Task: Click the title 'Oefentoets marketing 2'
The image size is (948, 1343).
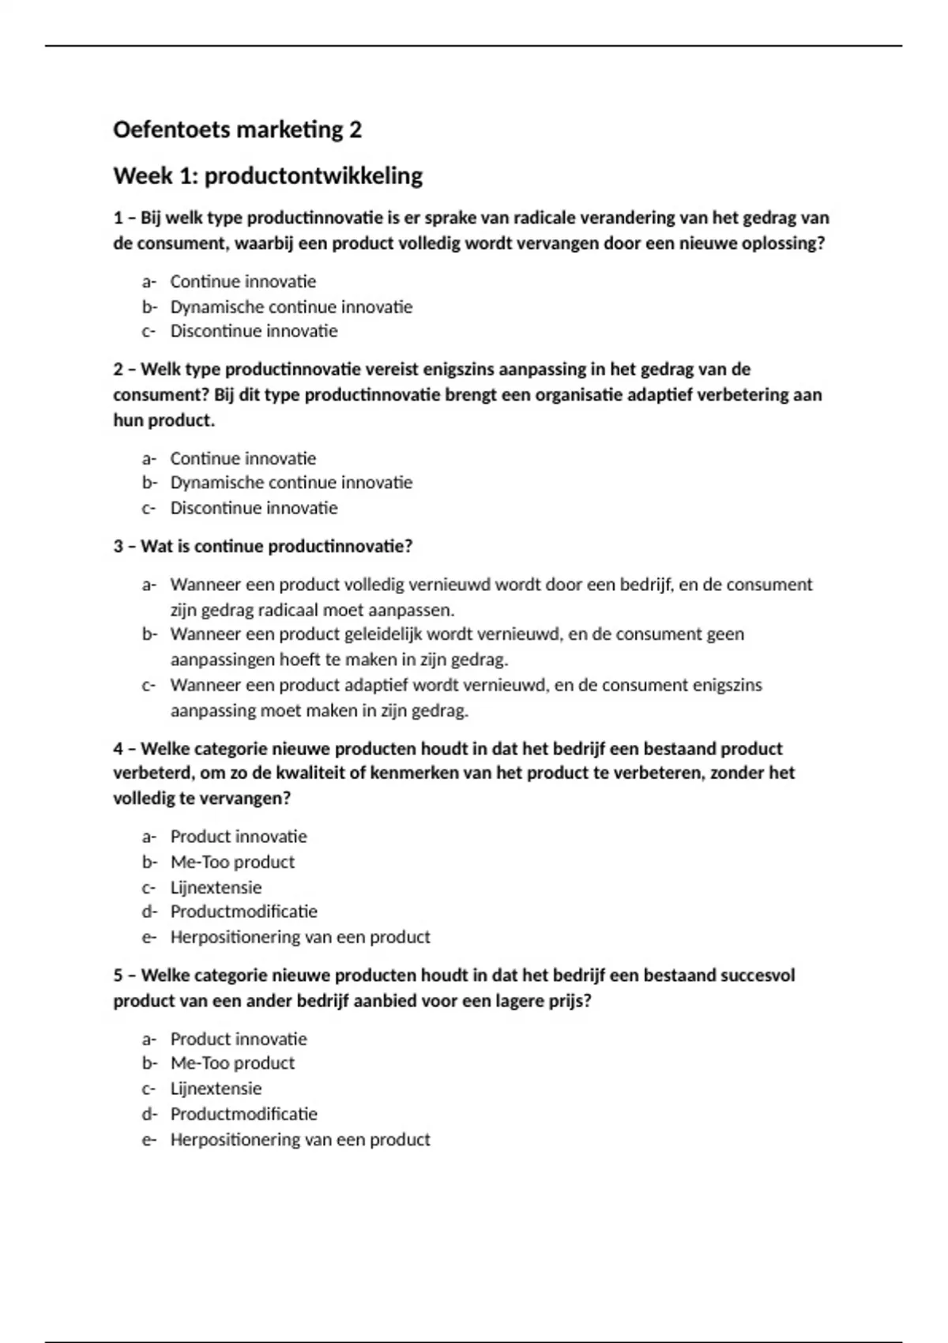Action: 237,130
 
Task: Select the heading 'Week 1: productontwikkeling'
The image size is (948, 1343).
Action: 268,175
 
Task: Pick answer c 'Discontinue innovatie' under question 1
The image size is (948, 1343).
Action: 254,331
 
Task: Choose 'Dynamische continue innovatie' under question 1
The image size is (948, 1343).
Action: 291,307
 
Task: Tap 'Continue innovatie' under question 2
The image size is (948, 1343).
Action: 243,458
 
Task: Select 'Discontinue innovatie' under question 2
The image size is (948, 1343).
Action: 254,508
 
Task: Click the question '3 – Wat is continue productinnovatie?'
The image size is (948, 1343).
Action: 263,547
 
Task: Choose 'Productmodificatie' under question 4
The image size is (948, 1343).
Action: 243,912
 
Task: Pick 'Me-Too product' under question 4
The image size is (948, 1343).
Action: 232,862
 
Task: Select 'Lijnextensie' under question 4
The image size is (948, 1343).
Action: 216,887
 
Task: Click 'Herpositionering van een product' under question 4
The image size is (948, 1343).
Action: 300,937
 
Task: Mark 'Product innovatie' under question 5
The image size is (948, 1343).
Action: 239,1039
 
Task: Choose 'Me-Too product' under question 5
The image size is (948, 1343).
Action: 232,1063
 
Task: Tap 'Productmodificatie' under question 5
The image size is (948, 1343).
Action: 243,1114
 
